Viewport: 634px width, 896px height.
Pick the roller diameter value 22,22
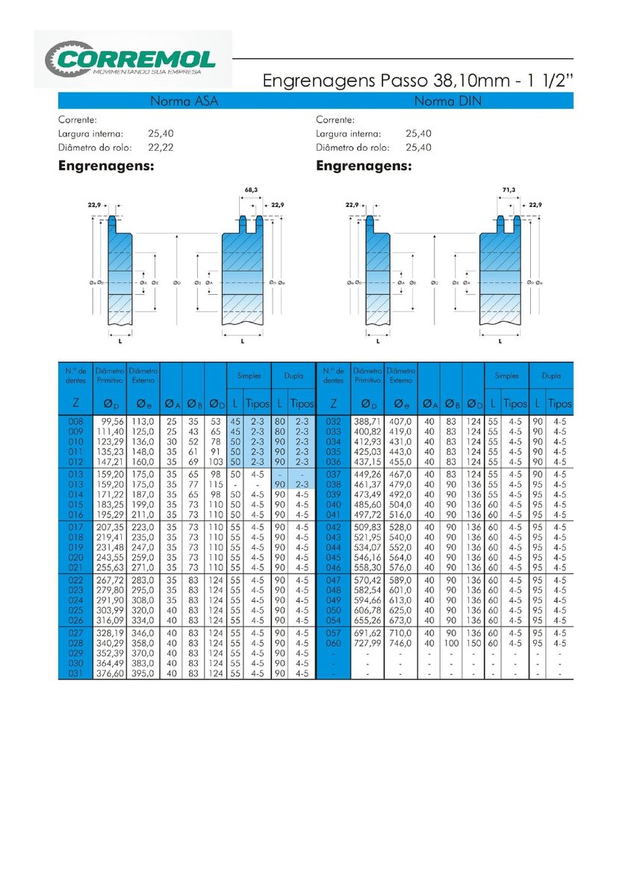point(161,148)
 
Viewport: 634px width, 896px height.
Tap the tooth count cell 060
point(333,643)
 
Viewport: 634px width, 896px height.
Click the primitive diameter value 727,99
point(367,643)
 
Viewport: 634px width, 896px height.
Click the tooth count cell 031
point(76,673)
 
